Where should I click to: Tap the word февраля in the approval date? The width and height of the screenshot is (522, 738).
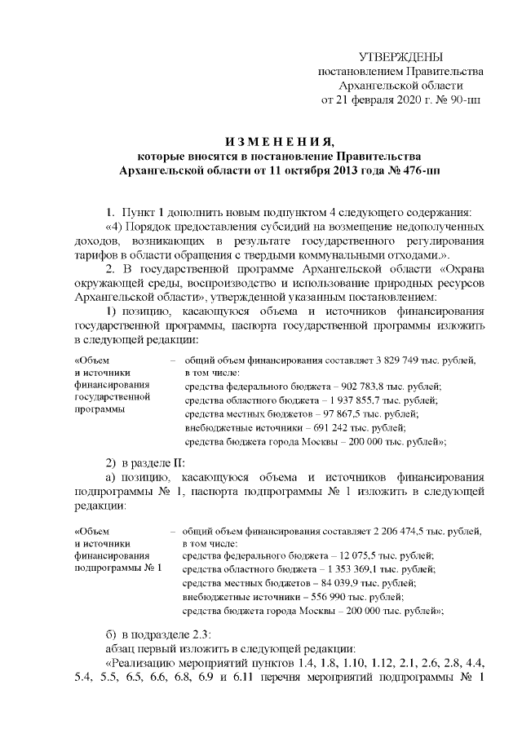(377, 100)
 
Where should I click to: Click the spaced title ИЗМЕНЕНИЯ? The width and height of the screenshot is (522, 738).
(268, 141)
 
